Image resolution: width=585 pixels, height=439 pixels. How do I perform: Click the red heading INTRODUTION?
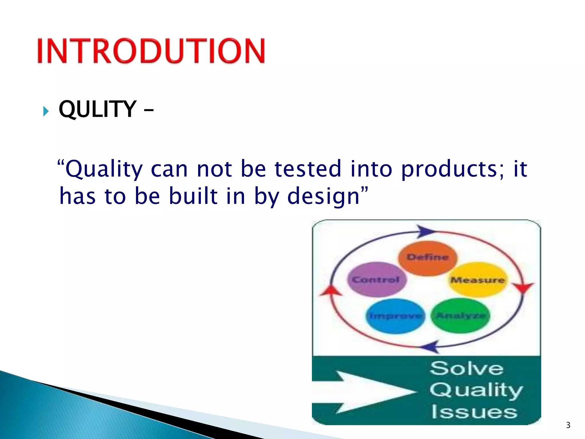click(151, 51)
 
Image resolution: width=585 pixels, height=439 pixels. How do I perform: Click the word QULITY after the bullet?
click(97, 109)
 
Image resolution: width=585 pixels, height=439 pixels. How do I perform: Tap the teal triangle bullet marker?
click(46, 111)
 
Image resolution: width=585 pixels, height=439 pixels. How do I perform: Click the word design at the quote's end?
click(323, 196)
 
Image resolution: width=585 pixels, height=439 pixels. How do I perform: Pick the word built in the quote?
click(193, 196)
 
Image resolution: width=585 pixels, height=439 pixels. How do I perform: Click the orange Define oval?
click(428, 258)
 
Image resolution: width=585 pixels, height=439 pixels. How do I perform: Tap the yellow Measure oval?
click(477, 280)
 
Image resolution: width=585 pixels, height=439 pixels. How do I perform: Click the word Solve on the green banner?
click(467, 368)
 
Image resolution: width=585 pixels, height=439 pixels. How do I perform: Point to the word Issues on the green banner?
click(474, 412)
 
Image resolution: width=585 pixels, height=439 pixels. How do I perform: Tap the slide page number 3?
click(568, 425)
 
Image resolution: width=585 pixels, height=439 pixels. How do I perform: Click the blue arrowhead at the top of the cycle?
click(425, 231)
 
